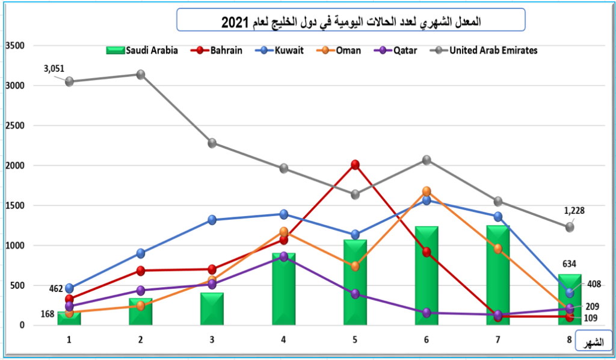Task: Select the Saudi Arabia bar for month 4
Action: coord(283,289)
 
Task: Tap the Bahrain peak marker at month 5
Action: coord(355,164)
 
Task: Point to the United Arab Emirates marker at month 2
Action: coord(140,74)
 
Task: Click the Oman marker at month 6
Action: coord(427,191)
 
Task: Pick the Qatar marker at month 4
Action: coord(283,256)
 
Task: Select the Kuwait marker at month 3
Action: coord(212,220)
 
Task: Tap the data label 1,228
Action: coord(574,211)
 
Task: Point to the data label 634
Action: coord(568,262)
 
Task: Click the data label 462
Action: coord(57,289)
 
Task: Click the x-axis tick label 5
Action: coord(355,340)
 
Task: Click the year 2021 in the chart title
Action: coord(233,22)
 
